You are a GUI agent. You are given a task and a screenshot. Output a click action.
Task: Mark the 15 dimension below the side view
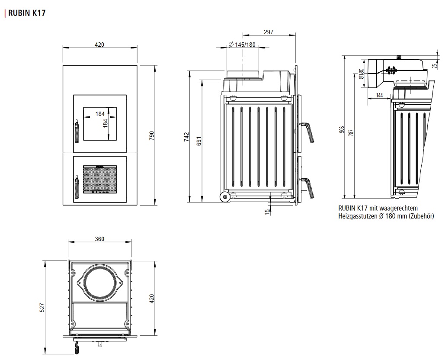click(x=268, y=211)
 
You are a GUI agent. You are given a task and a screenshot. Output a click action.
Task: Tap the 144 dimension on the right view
click(x=379, y=95)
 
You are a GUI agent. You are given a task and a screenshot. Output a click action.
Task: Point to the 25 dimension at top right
click(x=435, y=66)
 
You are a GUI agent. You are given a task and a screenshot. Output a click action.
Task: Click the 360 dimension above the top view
click(x=99, y=239)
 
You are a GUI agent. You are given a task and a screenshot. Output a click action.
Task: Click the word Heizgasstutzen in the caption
click(x=357, y=216)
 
